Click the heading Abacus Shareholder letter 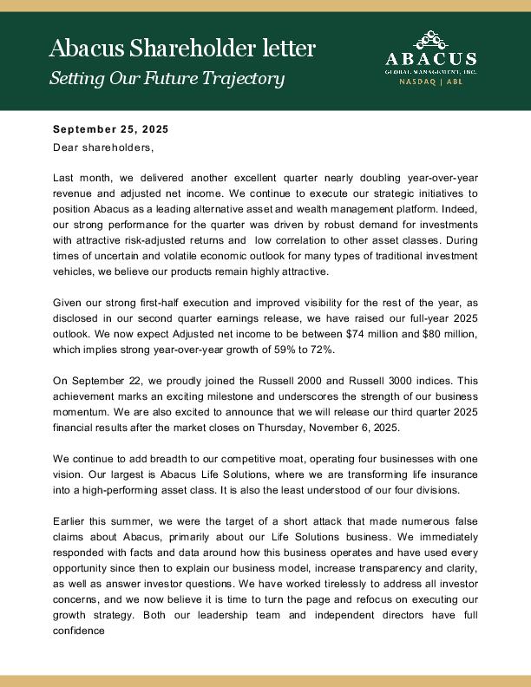point(181,48)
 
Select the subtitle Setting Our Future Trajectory point(167,78)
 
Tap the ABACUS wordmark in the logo point(431,59)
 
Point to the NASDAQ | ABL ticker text point(431,82)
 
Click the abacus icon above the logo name point(431,39)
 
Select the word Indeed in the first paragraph point(458,206)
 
